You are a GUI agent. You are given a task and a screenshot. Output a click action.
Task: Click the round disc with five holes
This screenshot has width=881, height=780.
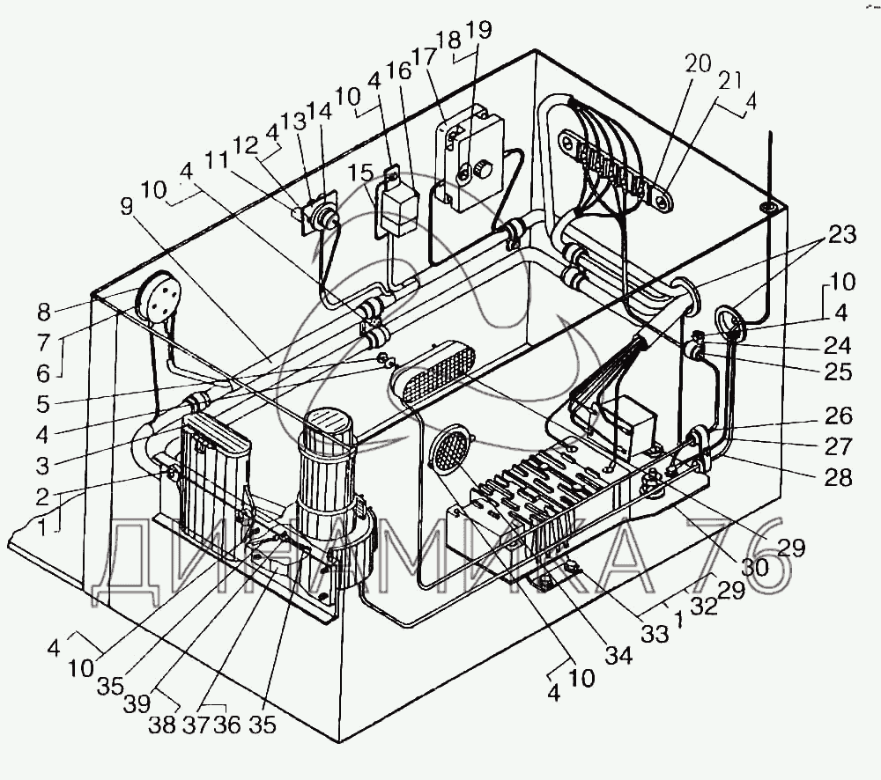click(x=159, y=297)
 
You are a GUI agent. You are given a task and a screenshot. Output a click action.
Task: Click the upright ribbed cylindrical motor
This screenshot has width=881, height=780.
click(x=328, y=475)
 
